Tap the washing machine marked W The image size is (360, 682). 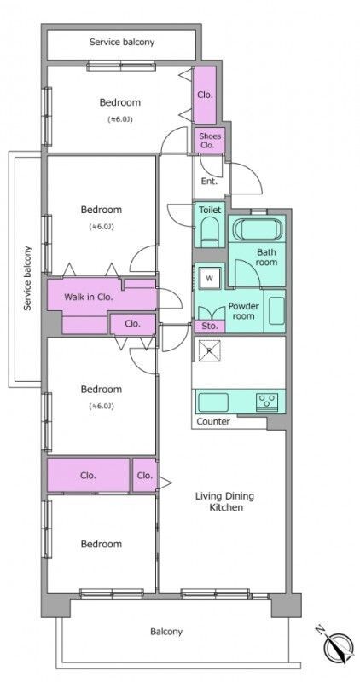click(210, 279)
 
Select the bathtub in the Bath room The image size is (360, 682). click(258, 230)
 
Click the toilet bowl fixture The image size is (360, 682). click(210, 231)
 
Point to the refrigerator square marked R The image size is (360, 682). click(210, 350)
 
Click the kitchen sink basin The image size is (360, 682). click(213, 402)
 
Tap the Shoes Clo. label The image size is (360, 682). click(210, 141)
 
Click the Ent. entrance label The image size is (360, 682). click(209, 182)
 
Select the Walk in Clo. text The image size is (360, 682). click(89, 298)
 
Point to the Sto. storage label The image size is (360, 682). click(209, 326)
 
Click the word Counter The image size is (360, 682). click(213, 421)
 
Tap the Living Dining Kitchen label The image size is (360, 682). click(224, 501)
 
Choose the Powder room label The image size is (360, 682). click(243, 310)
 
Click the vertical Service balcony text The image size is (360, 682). click(28, 279)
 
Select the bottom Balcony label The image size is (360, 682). click(166, 631)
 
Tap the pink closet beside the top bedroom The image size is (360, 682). click(205, 95)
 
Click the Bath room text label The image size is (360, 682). click(266, 257)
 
